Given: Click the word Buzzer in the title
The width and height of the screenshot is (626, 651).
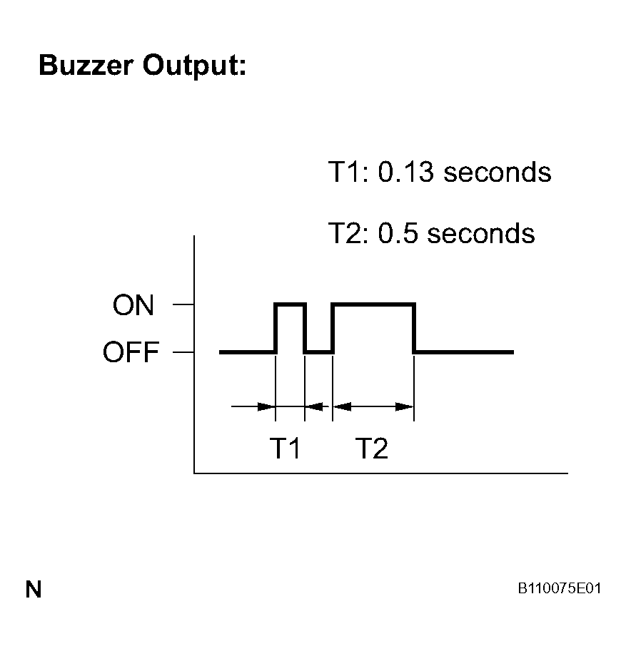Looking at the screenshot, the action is click(86, 66).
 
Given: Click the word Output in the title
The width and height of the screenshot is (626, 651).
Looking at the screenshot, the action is click(194, 66).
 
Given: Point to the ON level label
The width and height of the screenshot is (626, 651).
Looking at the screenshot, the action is click(133, 305).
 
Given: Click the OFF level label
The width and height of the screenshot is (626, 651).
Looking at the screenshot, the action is click(131, 352).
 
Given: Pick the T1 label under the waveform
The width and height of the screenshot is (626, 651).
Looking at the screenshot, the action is click(285, 448).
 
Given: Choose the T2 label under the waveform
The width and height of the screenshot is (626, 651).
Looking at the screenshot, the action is click(372, 448).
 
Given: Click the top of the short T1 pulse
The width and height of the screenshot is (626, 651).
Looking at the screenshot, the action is click(290, 304).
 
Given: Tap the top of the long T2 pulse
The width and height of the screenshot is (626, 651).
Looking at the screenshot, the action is click(373, 304).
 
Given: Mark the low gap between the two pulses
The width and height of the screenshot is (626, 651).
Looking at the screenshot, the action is click(319, 352).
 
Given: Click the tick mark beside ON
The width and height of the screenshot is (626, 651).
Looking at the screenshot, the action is click(183, 304).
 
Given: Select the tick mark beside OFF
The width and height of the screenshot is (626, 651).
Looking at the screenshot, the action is click(183, 352).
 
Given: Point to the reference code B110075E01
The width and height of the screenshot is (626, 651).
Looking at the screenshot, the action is click(559, 588).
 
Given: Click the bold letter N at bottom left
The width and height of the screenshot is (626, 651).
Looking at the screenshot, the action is click(34, 589).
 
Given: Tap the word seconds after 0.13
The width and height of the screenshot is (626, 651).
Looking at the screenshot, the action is click(497, 173).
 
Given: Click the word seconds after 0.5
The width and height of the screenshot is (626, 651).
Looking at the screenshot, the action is click(481, 233).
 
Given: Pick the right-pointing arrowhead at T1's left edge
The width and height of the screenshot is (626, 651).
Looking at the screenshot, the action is click(266, 406).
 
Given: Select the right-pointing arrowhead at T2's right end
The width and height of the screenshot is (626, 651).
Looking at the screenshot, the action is click(405, 406).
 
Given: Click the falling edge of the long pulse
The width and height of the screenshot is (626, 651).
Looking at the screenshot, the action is click(415, 328).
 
